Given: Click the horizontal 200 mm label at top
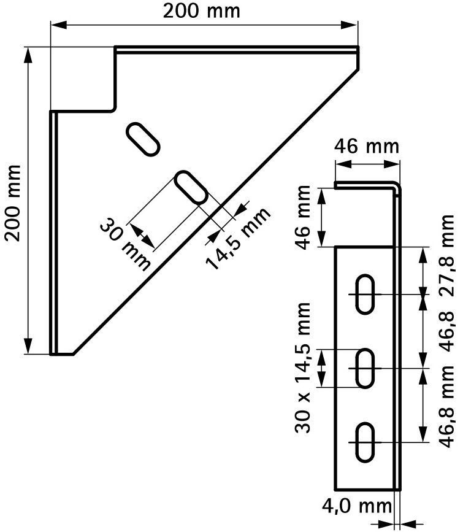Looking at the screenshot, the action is pos(202,11).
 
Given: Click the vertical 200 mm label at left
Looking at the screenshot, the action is pos(12,203).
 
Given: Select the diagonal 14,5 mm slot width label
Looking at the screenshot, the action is pos(238,238).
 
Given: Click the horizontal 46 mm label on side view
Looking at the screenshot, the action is pos(366,147).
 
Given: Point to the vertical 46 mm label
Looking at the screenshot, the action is pos(303,217).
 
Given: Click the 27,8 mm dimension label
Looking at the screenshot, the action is pos(446,255).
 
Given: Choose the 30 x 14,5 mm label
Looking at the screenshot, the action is pos(302,367).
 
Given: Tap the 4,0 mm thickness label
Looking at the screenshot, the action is pos(356,507).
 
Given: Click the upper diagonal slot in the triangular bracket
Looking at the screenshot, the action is pos(143,139).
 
